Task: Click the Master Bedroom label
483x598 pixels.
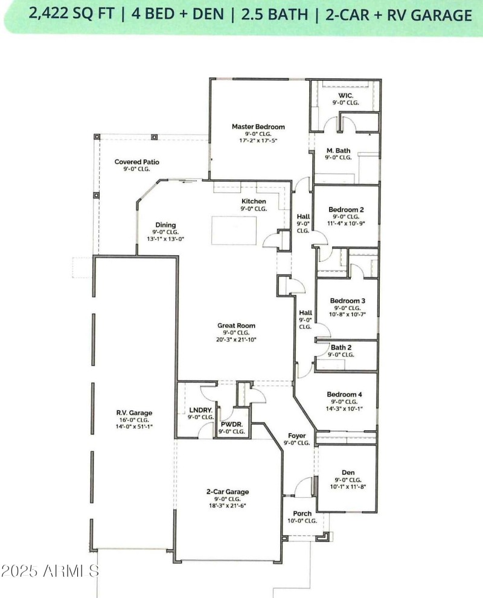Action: click(x=258, y=127)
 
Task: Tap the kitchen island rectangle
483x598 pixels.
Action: click(x=234, y=231)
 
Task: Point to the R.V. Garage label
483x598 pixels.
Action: click(x=134, y=413)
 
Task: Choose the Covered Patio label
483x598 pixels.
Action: click(x=137, y=162)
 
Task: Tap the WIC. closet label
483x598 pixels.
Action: click(x=345, y=95)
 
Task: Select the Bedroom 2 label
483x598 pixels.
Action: click(x=346, y=209)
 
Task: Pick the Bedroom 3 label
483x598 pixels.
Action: click(x=347, y=301)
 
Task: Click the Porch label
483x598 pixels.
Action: click(x=302, y=514)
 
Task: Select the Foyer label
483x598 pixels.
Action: click(x=296, y=435)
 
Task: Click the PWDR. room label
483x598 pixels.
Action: click(x=232, y=424)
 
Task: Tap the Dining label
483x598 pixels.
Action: click(x=165, y=224)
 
